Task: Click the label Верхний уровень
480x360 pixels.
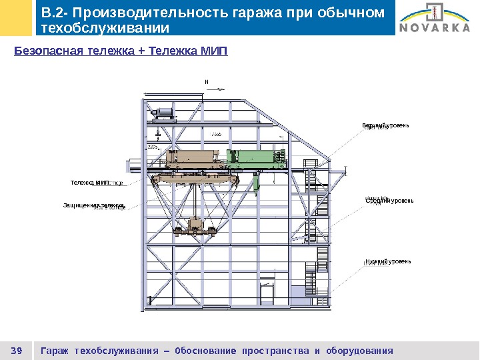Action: tap(385, 125)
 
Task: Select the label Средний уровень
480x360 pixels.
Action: tap(389, 200)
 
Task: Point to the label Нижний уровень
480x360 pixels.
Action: tap(388, 261)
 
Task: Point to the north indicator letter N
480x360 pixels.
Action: tap(207, 83)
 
